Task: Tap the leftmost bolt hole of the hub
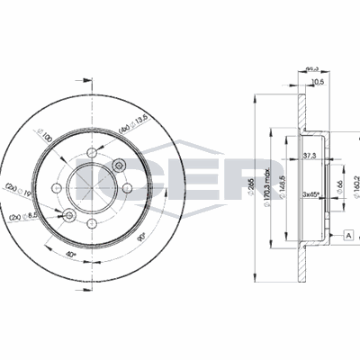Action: click(58, 187)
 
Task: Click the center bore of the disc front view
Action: click(92, 187)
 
